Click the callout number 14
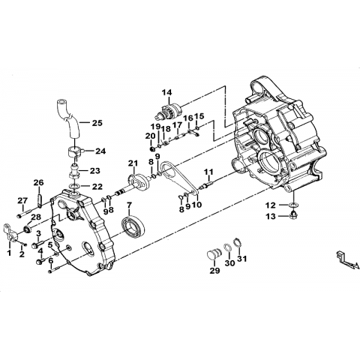coord(166,92)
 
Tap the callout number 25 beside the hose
coord(97,123)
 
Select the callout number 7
coord(129,205)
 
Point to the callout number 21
coord(133,163)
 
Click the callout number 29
coord(214,270)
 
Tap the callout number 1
coord(9,253)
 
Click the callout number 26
coord(39,182)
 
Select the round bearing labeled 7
coord(133,227)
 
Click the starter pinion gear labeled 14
coord(168,111)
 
